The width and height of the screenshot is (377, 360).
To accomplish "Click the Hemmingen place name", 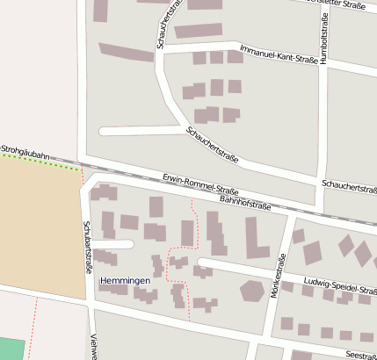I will pyautogui.click(x=125, y=281).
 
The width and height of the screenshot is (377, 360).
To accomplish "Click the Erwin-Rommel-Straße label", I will pyautogui.click(x=200, y=185).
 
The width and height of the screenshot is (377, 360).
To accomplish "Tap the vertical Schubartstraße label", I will pyautogui.click(x=87, y=248).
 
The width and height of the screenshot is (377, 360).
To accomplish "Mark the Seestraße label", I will pyautogui.click(x=360, y=355).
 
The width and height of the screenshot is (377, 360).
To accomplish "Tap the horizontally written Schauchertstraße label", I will pyautogui.click(x=349, y=186).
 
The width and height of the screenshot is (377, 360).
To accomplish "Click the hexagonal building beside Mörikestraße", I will pyautogui.click(x=253, y=291).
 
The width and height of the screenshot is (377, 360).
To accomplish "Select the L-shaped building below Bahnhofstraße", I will pyautogui.click(x=256, y=239).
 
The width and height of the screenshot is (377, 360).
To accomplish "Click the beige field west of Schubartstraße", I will pyautogui.click(x=40, y=228).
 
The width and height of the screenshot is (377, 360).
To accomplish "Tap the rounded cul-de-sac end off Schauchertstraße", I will pyautogui.click(x=103, y=131).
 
